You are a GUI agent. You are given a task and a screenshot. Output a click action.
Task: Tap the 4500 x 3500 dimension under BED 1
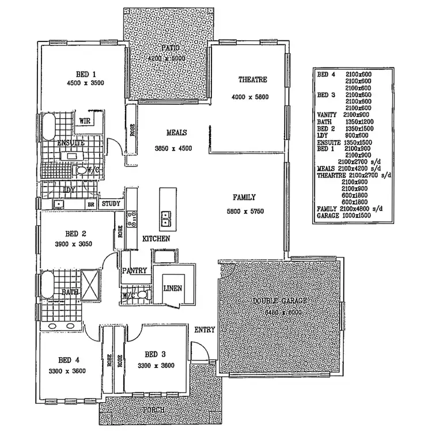[86, 83]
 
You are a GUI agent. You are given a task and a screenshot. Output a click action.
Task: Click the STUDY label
[111, 203]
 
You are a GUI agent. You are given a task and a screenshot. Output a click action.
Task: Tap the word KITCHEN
[156, 238]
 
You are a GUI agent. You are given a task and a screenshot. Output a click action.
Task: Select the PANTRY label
[134, 270]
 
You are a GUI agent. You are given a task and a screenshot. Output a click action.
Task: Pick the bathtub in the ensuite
[49, 126]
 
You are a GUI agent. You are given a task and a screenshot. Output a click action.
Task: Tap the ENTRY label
[204, 330]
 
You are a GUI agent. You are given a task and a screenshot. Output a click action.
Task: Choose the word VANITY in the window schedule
[327, 115]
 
